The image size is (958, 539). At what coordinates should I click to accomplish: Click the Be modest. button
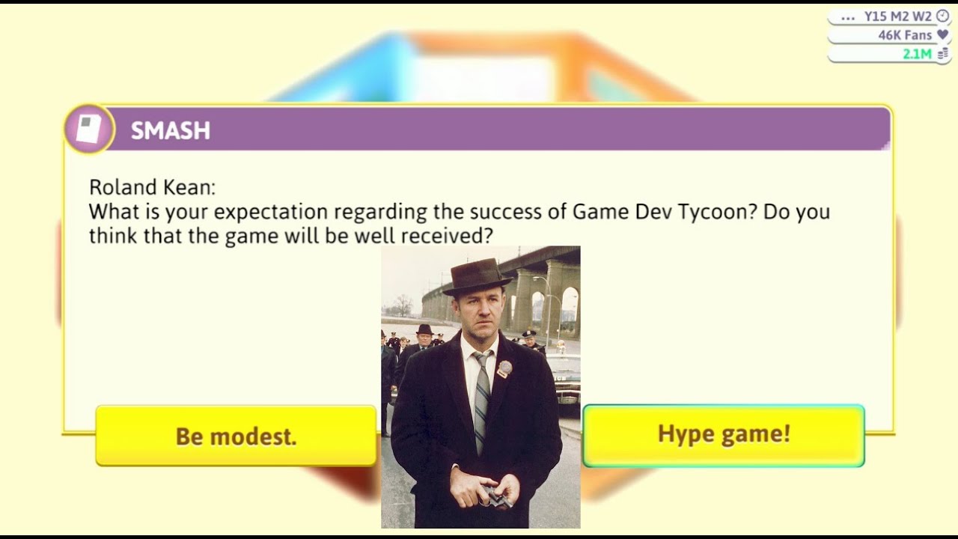[x=236, y=436]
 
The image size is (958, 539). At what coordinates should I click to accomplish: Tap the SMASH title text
[x=171, y=130]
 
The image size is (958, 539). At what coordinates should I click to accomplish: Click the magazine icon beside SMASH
[x=88, y=130]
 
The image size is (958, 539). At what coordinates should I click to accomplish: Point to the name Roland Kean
[x=152, y=187]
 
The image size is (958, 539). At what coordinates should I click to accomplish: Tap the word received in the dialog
[x=447, y=236]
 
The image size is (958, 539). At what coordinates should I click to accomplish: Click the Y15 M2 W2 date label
[x=897, y=16]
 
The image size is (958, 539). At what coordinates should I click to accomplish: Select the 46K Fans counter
[x=905, y=35]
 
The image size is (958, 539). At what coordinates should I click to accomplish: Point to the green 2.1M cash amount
[x=917, y=54]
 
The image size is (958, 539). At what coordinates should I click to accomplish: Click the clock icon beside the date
[x=942, y=16]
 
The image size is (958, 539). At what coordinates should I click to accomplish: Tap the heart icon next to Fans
[x=942, y=34]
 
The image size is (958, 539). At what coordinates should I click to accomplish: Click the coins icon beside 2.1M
[x=942, y=54]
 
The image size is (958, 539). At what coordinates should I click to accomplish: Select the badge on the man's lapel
[x=504, y=368]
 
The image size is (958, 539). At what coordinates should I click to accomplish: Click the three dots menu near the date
[x=848, y=16]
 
